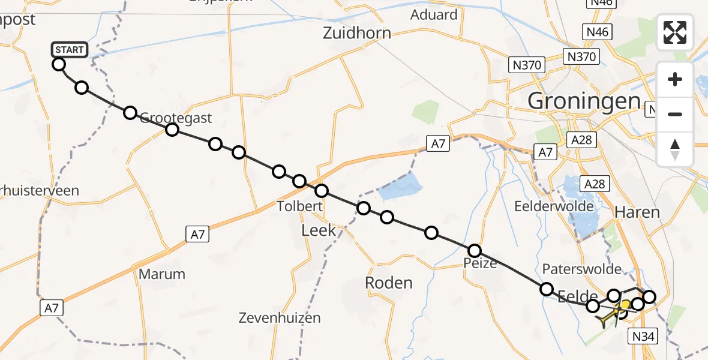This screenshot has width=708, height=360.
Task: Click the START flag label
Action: (x=70, y=49)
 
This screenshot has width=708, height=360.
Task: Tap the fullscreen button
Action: (x=675, y=32)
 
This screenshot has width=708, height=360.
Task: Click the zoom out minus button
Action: (x=675, y=114)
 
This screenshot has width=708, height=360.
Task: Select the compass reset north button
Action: (x=675, y=149)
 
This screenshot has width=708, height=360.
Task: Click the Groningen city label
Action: (x=583, y=101)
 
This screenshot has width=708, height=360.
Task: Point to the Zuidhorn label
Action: (x=357, y=33)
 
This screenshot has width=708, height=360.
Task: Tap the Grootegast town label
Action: (x=176, y=118)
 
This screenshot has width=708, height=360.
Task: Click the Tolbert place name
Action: (x=300, y=206)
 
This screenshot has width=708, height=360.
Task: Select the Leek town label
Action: (x=319, y=230)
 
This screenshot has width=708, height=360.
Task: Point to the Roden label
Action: (x=389, y=283)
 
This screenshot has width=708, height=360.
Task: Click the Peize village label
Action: (x=479, y=263)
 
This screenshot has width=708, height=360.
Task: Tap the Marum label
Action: (x=162, y=274)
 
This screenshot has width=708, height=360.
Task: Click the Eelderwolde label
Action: (x=554, y=206)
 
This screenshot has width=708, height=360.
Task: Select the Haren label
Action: (x=637, y=212)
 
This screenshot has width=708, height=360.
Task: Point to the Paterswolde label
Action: (x=581, y=268)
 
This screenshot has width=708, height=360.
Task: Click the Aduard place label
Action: (x=434, y=14)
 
